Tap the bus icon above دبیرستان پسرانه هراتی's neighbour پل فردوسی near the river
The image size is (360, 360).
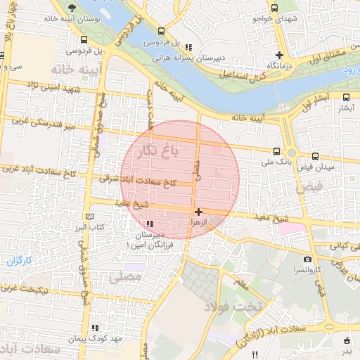pyautogui.click(x=162, y=31)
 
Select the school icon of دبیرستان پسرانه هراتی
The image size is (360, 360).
pyautogui.click(x=187, y=47)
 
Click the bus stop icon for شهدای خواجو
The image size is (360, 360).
pyautogui.click(x=275, y=8)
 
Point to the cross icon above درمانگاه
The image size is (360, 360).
pyautogui.click(x=280, y=54)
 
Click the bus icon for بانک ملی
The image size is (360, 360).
pyautogui.click(x=276, y=151)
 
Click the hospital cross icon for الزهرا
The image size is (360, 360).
pyautogui.click(x=199, y=211)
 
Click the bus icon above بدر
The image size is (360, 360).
pyautogui.click(x=347, y=340)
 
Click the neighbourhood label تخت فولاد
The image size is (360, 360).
pyautogui.click(x=233, y=306)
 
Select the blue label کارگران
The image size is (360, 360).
pyautogui.click(x=20, y=261)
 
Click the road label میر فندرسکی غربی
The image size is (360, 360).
pyautogui.click(x=40, y=125)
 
